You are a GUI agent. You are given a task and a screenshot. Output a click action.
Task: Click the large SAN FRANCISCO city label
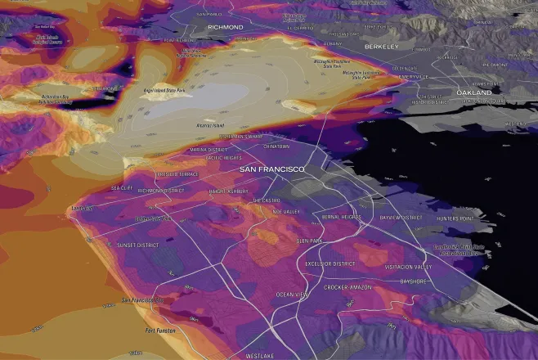click(x=271, y=169)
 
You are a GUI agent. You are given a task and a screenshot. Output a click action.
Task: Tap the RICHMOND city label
click(x=226, y=27)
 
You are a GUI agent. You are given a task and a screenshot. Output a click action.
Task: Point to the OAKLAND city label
click(x=474, y=93)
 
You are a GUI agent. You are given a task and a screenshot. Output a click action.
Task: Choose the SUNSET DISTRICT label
click(x=137, y=245)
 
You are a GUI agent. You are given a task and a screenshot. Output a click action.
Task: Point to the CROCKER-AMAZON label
click(x=347, y=287)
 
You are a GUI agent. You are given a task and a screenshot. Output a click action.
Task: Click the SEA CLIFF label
click(x=122, y=187)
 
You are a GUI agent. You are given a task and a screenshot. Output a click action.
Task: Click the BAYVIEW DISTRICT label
click(x=401, y=218)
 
